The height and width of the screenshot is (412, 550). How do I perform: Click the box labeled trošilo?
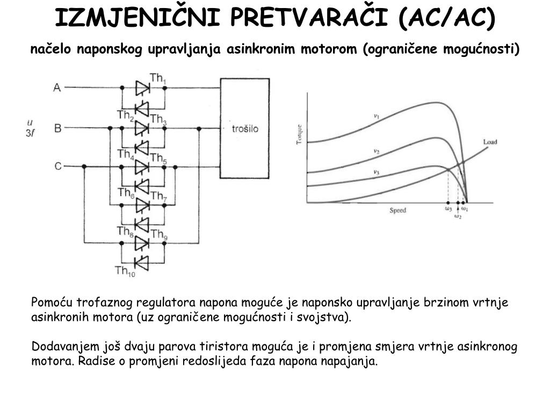tap(245, 129)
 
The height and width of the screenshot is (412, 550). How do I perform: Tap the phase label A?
tap(57, 87)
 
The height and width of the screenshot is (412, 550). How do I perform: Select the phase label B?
tap(57, 128)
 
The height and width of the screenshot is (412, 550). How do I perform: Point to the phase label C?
tap(58, 167)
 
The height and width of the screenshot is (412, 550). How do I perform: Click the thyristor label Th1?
tap(158, 79)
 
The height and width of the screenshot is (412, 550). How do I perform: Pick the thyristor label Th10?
tap(125, 271)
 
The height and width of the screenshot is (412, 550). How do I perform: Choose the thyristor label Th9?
tap(158, 234)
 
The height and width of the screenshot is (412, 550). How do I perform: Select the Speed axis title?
tap(398, 210)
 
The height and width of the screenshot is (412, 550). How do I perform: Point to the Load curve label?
tap(490, 142)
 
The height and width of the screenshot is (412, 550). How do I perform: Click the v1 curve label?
tap(377, 116)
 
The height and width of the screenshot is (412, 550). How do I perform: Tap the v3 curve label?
tap(377, 172)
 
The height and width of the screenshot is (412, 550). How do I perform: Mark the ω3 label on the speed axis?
tap(448, 209)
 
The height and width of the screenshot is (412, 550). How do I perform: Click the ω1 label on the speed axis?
tap(465, 209)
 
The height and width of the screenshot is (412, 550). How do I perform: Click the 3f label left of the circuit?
tap(31, 134)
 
